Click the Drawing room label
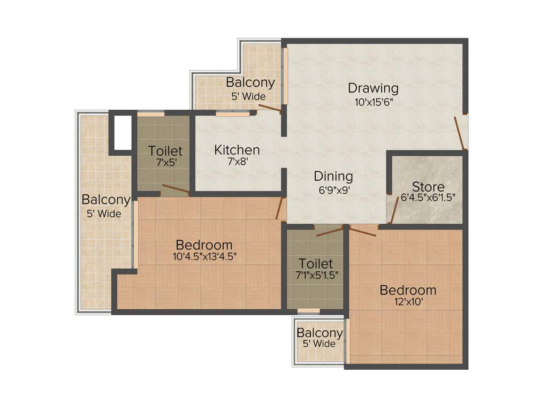tap(373, 88)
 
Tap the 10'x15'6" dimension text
tap(374, 102)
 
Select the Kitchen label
tap(237, 150)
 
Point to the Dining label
tap(333, 176)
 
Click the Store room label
tap(428, 187)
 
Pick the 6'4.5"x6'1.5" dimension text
tap(428, 197)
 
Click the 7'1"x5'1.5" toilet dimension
tap(316, 275)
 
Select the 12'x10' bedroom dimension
tap(408, 302)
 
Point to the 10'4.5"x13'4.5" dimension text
tap(204, 256)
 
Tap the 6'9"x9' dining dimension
tap(333, 188)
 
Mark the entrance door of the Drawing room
tap(460, 132)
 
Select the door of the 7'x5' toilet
tap(176, 188)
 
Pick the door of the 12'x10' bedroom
tap(364, 231)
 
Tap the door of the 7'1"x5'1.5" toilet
tap(329, 231)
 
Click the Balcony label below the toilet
tap(319, 333)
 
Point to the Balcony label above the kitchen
tap(250, 83)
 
